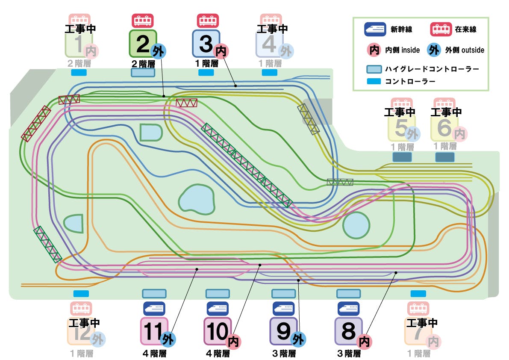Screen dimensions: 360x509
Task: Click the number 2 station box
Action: click(143, 43)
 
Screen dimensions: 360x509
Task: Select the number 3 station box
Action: click(206, 43)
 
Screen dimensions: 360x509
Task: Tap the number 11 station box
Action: click(154, 331)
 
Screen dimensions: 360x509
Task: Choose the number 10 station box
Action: click(218, 331)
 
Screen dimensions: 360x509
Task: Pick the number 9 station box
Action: click(283, 331)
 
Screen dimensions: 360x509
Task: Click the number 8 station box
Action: click(348, 331)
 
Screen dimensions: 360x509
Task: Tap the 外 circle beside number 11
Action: click(168, 339)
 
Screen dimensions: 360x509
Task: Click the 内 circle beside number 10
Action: click(233, 342)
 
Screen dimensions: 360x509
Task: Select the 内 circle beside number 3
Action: click(221, 51)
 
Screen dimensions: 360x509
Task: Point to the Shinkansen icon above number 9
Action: click(283, 308)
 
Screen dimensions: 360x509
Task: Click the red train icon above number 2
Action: click(143, 21)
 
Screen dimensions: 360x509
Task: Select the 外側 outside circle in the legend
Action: click(435, 50)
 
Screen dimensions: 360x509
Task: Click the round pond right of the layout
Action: click(356, 225)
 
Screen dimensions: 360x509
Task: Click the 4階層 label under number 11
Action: click(154, 354)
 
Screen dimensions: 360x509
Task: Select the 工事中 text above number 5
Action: click(400, 112)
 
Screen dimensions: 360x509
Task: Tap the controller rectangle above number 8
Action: click(348, 294)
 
